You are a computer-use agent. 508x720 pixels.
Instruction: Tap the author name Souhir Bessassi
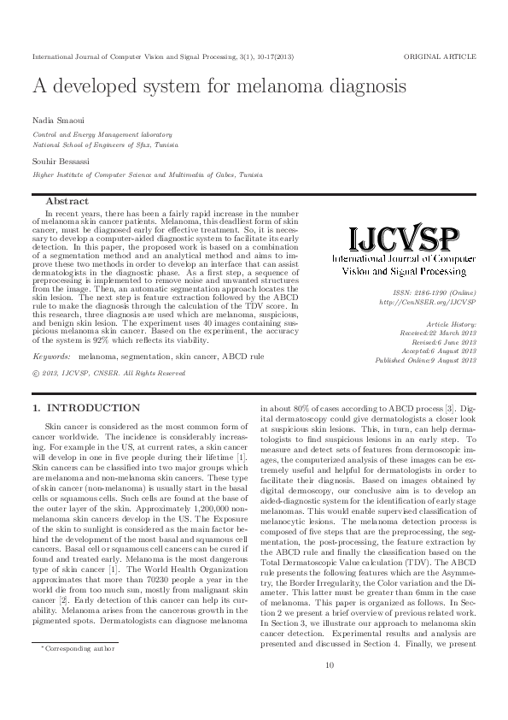57,161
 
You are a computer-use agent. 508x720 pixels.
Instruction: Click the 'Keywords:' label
51,355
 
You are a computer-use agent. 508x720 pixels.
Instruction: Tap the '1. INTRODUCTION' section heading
85,408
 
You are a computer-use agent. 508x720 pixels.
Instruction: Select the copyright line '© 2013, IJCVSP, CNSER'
108,373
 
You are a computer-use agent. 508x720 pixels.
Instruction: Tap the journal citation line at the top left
162,56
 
